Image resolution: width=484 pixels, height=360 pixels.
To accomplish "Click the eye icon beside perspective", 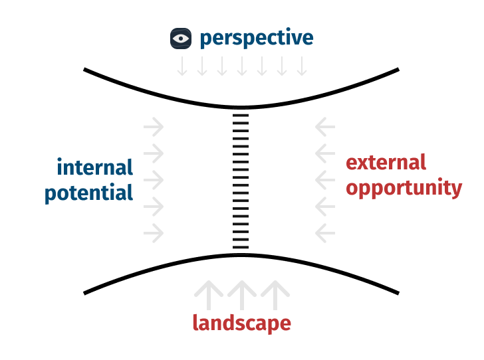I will coord(181,39).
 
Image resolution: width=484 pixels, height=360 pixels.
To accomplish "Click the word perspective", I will coord(256,39).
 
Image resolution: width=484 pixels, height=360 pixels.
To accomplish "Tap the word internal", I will coord(94,167).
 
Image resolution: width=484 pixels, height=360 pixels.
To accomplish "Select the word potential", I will coord(89,193).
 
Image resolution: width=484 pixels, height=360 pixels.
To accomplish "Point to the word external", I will coord(386,162).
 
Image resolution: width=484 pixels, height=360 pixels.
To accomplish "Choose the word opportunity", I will coord(404,188).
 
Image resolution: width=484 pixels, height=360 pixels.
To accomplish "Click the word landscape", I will coord(241,323).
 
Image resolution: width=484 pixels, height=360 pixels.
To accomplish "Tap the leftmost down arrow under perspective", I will coord(182,66).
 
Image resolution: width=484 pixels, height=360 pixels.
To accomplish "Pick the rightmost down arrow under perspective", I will coord(302,66).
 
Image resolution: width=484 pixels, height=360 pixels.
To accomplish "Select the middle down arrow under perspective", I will coord(242,66).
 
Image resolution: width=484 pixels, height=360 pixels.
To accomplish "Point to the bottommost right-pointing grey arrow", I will coord(154,234).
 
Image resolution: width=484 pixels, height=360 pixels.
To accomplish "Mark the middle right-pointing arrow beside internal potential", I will coord(154,179).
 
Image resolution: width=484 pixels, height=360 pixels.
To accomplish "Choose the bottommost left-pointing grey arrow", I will coord(325,234).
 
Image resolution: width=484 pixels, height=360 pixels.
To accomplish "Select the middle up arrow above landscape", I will coord(241,294).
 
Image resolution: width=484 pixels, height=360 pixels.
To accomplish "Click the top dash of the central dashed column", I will coord(240,116).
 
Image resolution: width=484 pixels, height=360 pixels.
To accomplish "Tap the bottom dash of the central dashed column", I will coord(240,248).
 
